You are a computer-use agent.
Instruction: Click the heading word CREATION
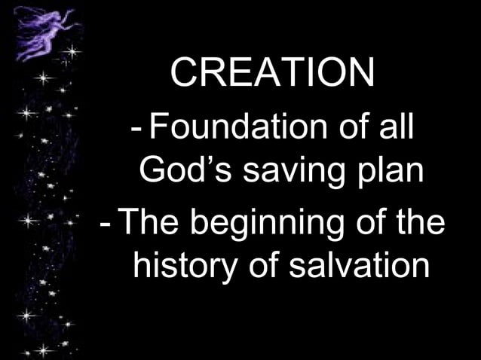[x=272, y=72]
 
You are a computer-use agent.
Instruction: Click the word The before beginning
[x=146, y=224]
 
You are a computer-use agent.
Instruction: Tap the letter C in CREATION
[x=184, y=72]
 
